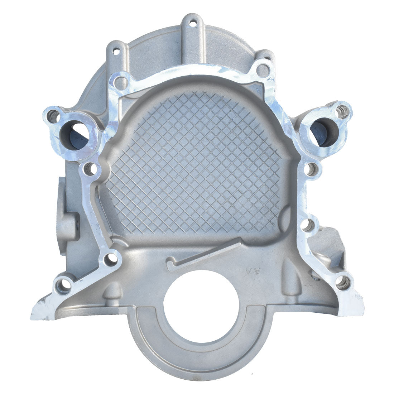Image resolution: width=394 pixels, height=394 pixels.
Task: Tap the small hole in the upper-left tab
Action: click(x=116, y=51)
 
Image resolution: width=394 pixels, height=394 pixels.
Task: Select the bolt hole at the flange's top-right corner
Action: click(x=263, y=70)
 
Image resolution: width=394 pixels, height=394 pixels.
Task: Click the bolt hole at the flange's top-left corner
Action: click(x=120, y=82)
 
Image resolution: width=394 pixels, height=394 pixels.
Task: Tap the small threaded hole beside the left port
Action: click(x=54, y=115)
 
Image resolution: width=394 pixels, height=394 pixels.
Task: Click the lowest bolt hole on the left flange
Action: click(x=64, y=285)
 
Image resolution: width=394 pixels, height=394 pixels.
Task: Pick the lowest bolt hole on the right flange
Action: click(x=343, y=283)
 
